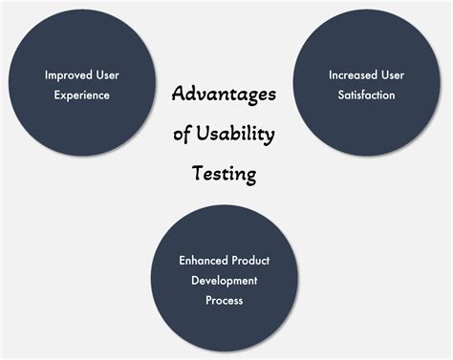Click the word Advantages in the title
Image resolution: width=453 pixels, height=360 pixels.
pos(224,95)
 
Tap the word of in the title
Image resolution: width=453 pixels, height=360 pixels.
pos(182,136)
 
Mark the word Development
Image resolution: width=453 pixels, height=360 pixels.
pos(224,279)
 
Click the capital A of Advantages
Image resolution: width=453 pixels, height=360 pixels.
pos(179,94)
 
